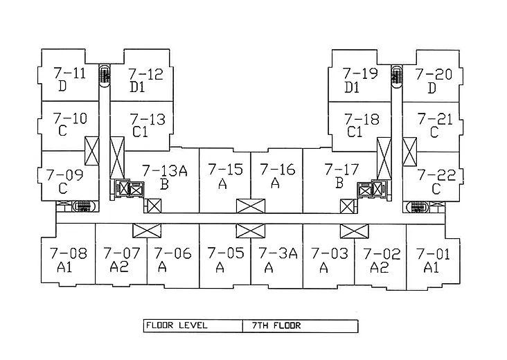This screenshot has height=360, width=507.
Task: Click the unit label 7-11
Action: pos(70,73)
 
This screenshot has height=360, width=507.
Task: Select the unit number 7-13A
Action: pos(165,170)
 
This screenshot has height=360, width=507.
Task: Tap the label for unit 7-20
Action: pos(434,74)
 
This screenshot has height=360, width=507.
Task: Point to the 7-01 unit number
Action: pos(433,254)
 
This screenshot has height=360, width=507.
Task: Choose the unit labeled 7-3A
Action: pos(278,253)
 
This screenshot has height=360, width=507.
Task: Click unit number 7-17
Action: pos(341,170)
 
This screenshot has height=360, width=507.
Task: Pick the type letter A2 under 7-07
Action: pos(119,267)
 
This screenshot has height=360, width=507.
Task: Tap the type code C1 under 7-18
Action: pos(355,132)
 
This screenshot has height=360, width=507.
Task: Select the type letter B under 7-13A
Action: pos(164,184)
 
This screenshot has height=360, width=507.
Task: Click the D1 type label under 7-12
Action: pos(137,87)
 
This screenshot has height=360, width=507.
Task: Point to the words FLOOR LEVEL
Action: pos(177,325)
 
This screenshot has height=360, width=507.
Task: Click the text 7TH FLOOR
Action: pos(276,325)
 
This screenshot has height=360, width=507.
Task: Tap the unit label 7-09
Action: pos(64,175)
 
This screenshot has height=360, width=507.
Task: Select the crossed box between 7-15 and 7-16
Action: pos(251,206)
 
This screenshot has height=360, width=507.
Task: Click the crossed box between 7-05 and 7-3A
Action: pos(251,231)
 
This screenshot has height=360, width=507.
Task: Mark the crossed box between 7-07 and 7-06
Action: pos(147,231)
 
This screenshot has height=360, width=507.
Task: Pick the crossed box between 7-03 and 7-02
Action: pos(354,231)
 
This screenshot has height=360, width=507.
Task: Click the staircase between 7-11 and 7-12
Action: pos(105,76)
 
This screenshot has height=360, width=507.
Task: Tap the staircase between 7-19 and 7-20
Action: pos(396,77)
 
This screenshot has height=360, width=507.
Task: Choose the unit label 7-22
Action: pos(436,175)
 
